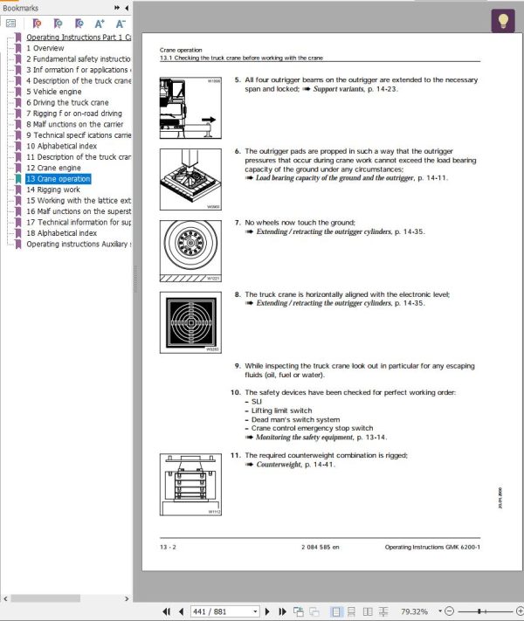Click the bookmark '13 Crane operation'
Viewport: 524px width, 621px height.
pos(58,178)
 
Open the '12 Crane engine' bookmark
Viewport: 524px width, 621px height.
pos(55,168)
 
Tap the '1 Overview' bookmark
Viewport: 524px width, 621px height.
pos(45,48)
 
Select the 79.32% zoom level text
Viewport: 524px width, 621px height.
pos(414,611)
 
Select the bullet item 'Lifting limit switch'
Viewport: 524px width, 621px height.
pos(281,411)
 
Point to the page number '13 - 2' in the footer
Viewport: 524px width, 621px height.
pos(168,548)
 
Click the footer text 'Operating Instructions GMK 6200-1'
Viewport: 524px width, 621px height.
pos(431,548)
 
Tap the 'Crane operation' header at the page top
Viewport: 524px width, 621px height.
pos(182,50)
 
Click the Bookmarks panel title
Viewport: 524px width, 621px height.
pos(21,7)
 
